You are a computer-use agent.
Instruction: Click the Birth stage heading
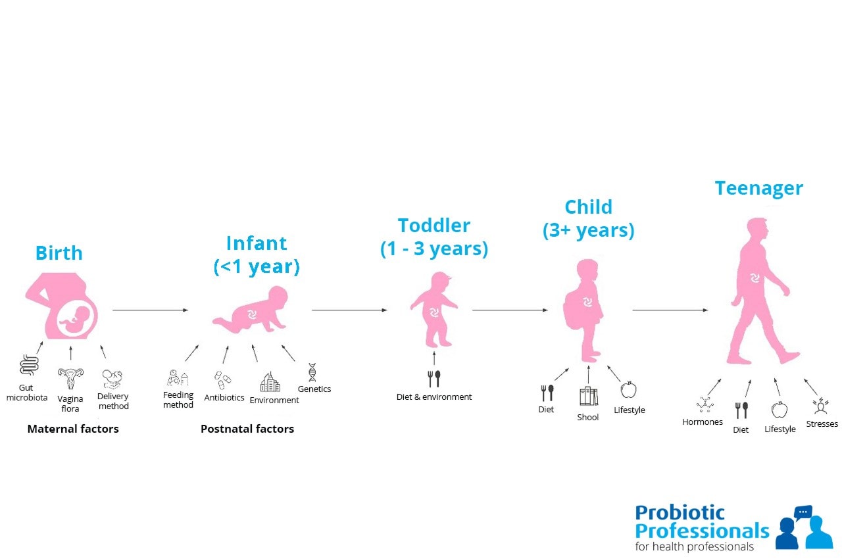click(59, 253)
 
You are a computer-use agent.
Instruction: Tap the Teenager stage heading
click(759, 189)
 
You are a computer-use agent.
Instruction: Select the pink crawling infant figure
click(252, 311)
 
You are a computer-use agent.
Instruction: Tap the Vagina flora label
click(70, 404)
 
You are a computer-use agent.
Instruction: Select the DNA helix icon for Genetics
click(312, 372)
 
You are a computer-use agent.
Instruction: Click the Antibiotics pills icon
click(222, 380)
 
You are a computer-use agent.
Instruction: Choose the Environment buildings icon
click(270, 382)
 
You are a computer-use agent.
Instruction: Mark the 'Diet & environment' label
click(434, 397)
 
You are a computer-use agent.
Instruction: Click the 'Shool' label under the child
click(588, 417)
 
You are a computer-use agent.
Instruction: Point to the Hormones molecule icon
click(705, 404)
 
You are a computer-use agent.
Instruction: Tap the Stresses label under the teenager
click(822, 424)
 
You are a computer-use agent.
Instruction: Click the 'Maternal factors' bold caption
click(73, 429)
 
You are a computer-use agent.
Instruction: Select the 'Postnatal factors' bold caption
click(247, 429)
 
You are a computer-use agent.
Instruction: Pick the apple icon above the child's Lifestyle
click(628, 390)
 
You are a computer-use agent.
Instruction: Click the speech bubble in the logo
click(803, 512)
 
